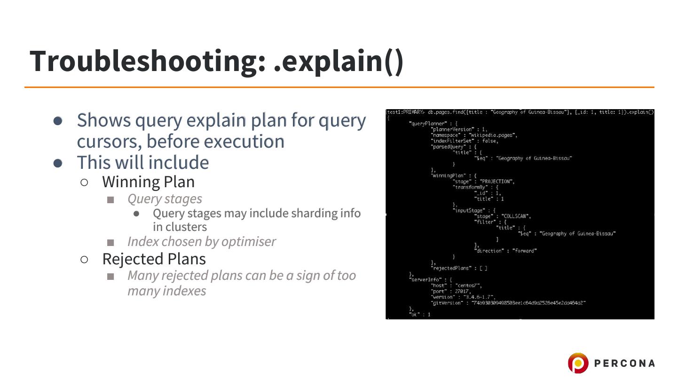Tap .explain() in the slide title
(x=338, y=61)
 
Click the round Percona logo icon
(x=578, y=363)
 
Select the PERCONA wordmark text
(x=624, y=363)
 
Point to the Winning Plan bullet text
(x=148, y=182)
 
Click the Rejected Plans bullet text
(x=154, y=259)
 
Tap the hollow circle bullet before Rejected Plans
(x=84, y=259)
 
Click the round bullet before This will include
(x=58, y=163)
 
